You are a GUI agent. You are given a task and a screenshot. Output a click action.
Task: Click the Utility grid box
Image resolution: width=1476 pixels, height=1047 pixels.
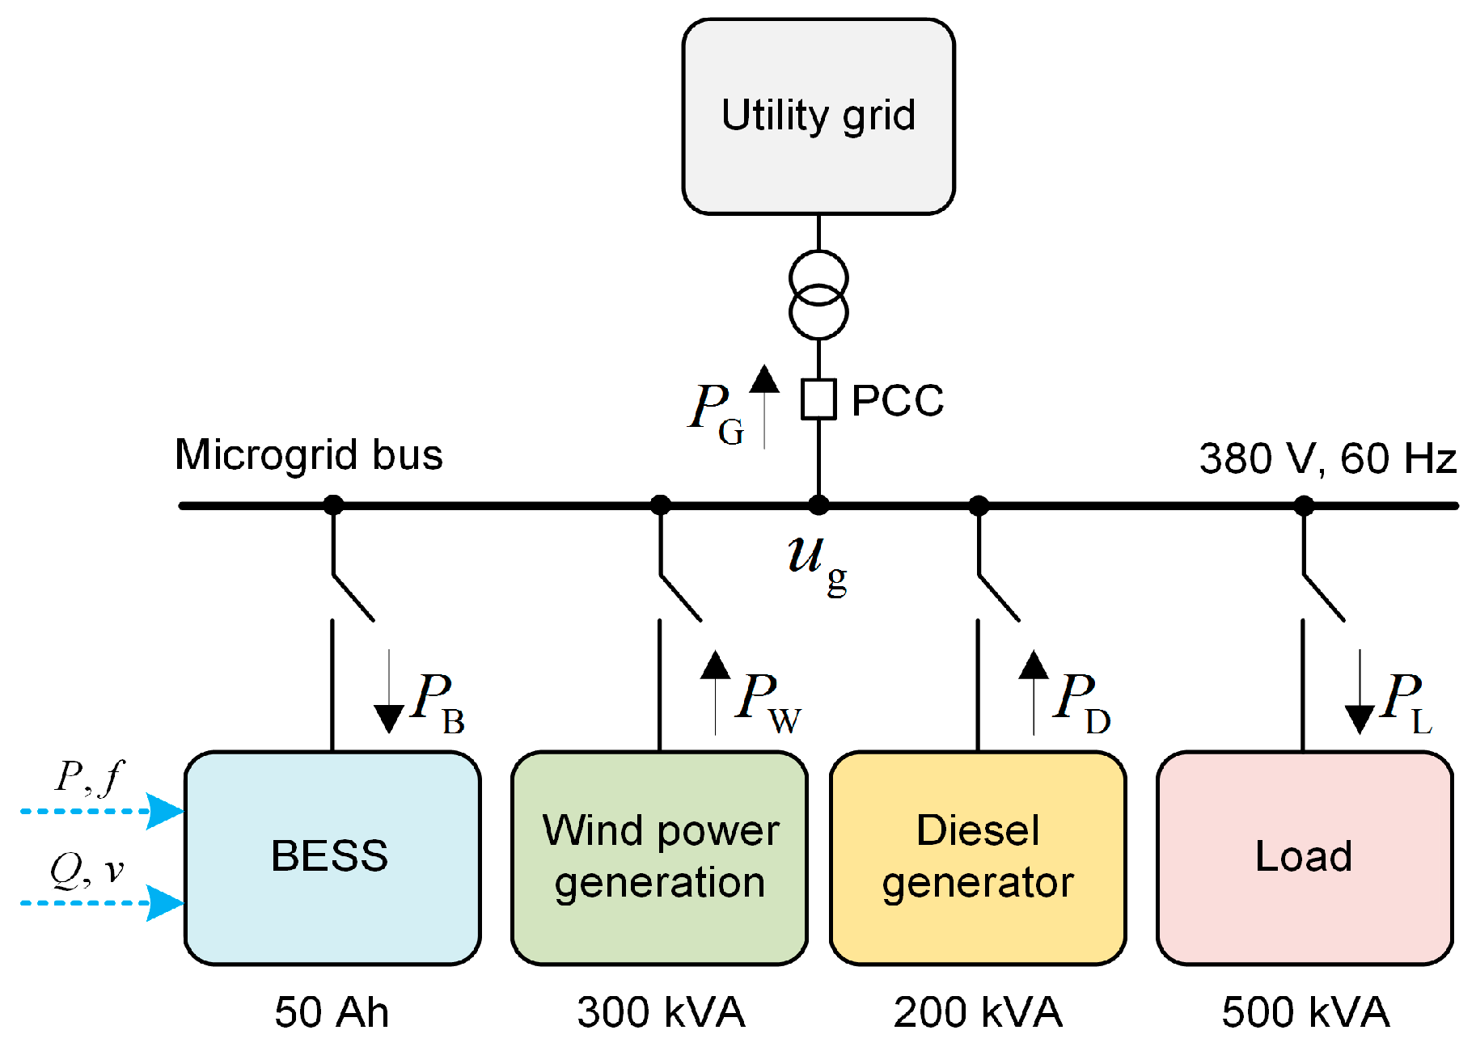pyautogui.click(x=818, y=116)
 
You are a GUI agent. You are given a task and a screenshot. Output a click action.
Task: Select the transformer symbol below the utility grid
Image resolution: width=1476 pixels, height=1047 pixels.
pyautogui.click(x=818, y=295)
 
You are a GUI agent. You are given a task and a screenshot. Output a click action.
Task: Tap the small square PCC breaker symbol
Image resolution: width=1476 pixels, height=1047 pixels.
pyautogui.click(x=818, y=399)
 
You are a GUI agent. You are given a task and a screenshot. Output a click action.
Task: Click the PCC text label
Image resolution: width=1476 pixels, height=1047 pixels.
pyautogui.click(x=898, y=400)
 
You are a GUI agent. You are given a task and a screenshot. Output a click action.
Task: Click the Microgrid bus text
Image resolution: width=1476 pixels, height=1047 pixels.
pyautogui.click(x=308, y=454)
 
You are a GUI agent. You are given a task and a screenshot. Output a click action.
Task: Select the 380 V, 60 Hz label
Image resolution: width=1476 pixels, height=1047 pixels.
pyautogui.click(x=1327, y=458)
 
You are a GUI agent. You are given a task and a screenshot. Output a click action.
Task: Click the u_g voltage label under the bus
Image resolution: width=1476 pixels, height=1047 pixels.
pyautogui.click(x=815, y=561)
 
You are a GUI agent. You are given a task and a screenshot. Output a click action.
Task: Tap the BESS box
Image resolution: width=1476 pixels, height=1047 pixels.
pyautogui.click(x=332, y=857)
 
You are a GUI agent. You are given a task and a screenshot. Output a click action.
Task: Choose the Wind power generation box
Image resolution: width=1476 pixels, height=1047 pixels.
pyautogui.click(x=659, y=857)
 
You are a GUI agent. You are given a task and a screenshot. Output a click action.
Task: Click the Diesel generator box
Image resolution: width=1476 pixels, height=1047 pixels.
pyautogui.click(x=978, y=857)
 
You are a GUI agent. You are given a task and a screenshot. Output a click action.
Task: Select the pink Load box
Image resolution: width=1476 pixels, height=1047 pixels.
pyautogui.click(x=1304, y=857)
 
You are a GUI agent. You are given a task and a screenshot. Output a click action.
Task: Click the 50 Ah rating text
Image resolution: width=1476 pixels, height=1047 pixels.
pyautogui.click(x=332, y=1012)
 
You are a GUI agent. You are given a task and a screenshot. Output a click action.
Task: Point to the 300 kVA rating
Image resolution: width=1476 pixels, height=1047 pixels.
pyautogui.click(x=661, y=1012)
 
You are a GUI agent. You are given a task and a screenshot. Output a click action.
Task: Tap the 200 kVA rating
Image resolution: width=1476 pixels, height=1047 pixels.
pyautogui.click(x=978, y=1012)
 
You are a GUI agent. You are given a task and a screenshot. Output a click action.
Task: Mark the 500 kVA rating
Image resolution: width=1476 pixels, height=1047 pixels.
pyautogui.click(x=1305, y=1012)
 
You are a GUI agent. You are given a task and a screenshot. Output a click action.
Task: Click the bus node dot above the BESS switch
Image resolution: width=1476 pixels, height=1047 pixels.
pyautogui.click(x=333, y=505)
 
